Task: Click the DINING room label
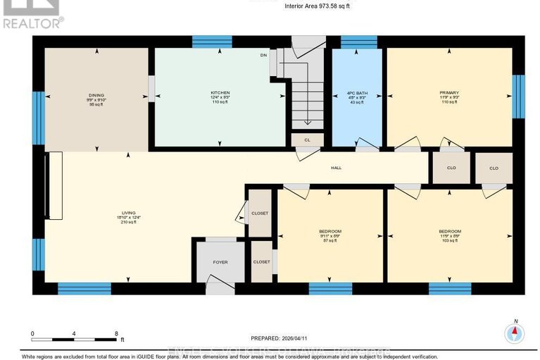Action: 97,95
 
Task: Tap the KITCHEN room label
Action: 220,93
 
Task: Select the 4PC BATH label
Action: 357,93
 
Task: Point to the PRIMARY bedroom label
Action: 448,93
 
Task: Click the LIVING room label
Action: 128,211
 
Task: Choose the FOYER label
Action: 220,262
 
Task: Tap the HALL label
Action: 337,168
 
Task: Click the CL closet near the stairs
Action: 307,140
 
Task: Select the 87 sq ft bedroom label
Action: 330,232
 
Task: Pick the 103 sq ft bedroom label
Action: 448,232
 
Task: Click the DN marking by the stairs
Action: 264,54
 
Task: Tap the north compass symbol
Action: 515,332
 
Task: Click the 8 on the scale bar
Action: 115,333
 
